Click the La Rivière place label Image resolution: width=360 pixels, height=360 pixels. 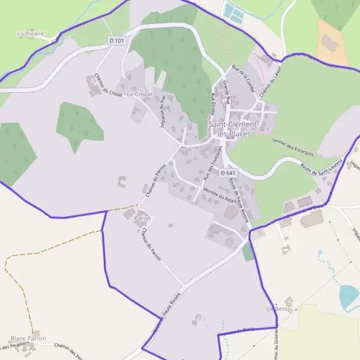coord(31,34)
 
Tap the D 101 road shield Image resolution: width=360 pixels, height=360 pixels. coord(117,40)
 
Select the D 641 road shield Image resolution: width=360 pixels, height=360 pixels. coord(227,173)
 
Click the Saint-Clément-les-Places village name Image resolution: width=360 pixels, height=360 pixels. coord(234,129)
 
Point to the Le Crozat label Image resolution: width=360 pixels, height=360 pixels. coord(139,95)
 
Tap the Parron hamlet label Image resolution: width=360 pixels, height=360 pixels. coord(142,219)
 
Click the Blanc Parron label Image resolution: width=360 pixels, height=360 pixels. coord(28,338)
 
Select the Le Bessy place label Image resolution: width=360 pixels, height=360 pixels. coord(278,308)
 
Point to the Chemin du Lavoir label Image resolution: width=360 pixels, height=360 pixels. coord(265,85)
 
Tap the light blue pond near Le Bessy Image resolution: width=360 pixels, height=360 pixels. coord(349,296)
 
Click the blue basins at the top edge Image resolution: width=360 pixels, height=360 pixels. coord(233,13)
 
